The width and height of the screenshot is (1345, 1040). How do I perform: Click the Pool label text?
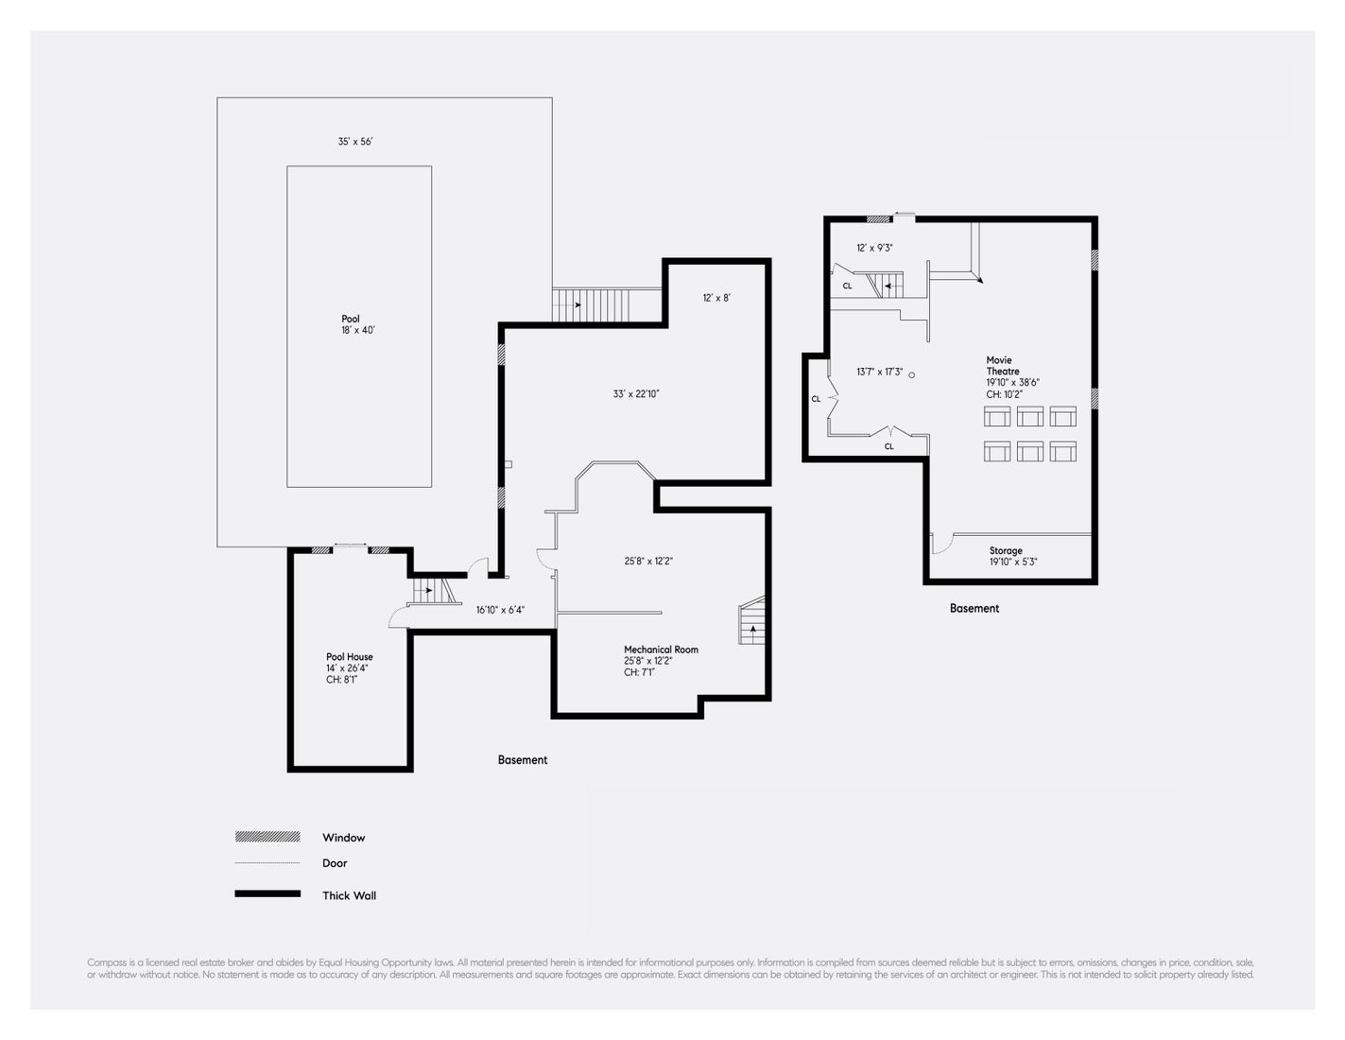pos(351,319)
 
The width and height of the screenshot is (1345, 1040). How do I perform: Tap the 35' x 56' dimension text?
pos(355,142)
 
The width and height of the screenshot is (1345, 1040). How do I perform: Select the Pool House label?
pos(350,657)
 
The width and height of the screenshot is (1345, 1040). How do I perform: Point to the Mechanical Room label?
pos(661,650)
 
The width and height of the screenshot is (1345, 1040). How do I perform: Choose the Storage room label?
pos(1006,550)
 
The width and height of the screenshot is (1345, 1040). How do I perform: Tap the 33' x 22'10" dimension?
pos(636,393)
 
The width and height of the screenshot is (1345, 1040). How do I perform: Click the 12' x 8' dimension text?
pos(716,298)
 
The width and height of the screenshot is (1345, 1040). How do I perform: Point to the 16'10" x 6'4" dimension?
pos(500,610)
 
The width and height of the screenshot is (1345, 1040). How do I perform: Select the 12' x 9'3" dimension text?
pos(874,248)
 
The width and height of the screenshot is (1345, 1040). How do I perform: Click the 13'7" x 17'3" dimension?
pos(880,373)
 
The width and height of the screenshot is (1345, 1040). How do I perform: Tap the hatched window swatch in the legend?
pos(267,837)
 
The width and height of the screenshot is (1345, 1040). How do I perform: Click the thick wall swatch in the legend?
pos(267,893)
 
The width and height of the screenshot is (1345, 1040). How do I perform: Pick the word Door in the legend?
pos(335,863)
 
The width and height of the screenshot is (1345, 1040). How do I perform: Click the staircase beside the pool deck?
pos(591,305)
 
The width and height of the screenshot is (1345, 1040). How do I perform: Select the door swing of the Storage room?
pos(942,545)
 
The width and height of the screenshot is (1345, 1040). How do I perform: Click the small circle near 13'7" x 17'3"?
pos(912,374)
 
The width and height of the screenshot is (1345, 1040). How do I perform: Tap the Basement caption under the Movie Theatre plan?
pos(974,609)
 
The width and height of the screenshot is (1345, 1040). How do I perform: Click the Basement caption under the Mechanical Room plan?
pos(523,760)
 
